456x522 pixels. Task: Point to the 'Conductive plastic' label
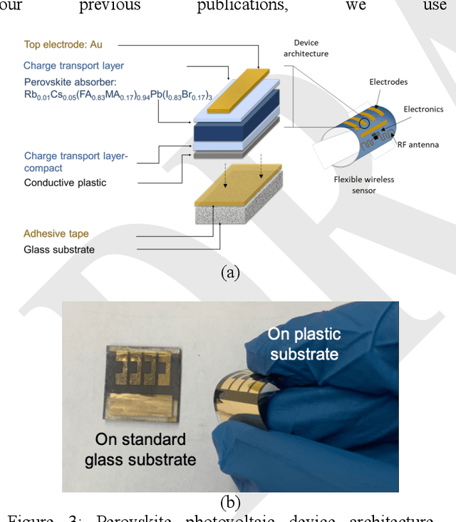[x=65, y=182]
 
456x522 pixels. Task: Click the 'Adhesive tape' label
[x=56, y=233]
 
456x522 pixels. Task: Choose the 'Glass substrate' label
[x=59, y=249]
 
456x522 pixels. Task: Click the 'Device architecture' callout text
[x=311, y=47]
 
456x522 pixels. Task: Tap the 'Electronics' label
[x=423, y=109]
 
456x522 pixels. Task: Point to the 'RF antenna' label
[x=420, y=145]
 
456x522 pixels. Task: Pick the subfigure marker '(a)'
[x=230, y=272]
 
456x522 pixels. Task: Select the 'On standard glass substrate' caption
[x=140, y=449]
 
